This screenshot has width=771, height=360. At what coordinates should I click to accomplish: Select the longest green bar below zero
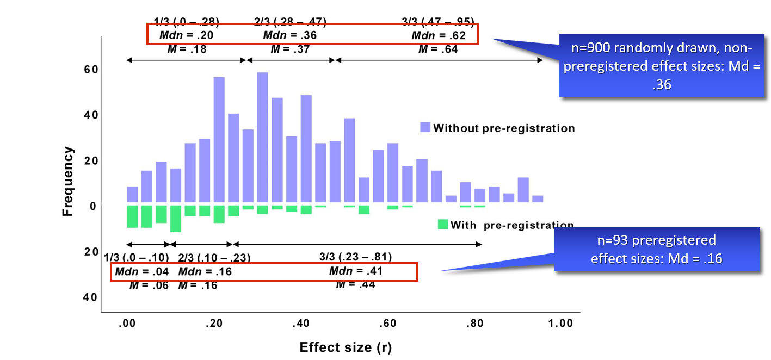(x=175, y=219)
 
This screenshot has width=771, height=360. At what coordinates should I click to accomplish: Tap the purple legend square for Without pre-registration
(x=425, y=128)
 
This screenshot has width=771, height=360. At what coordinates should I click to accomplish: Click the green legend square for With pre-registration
(x=443, y=224)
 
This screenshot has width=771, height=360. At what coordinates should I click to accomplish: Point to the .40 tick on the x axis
(x=300, y=323)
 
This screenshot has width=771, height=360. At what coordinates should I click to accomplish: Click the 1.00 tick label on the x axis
(x=560, y=323)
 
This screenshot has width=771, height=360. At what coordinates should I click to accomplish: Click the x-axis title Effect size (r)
(x=346, y=347)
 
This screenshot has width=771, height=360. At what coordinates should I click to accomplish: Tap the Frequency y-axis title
(x=67, y=181)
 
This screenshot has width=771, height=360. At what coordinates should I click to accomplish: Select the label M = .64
(x=437, y=49)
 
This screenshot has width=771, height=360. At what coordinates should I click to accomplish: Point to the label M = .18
(x=187, y=49)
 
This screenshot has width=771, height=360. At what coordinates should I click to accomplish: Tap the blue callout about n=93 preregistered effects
(x=656, y=249)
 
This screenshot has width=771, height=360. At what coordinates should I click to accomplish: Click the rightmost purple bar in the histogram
(x=538, y=198)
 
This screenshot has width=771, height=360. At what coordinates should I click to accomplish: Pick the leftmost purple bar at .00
(x=132, y=194)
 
